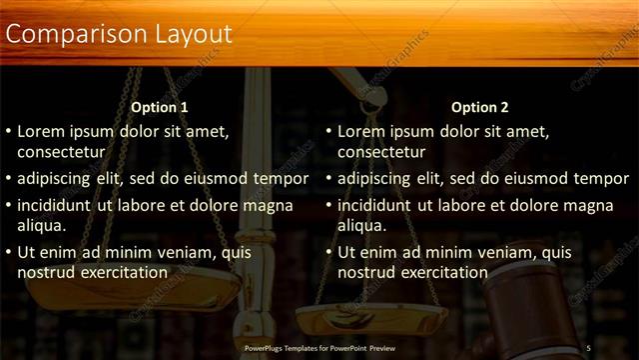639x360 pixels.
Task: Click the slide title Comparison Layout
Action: pyautogui.click(x=119, y=34)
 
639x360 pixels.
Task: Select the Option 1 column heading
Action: pyautogui.click(x=160, y=107)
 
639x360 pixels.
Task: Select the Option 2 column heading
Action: pyautogui.click(x=479, y=107)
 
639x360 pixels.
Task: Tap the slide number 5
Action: pyautogui.click(x=589, y=348)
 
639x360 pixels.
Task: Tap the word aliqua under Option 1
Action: pyautogui.click(x=41, y=226)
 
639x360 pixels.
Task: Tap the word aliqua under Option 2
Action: pyautogui.click(x=361, y=226)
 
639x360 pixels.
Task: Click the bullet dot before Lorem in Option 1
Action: pyautogui.click(x=9, y=132)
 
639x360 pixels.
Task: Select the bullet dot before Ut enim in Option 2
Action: pyautogui.click(x=329, y=253)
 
